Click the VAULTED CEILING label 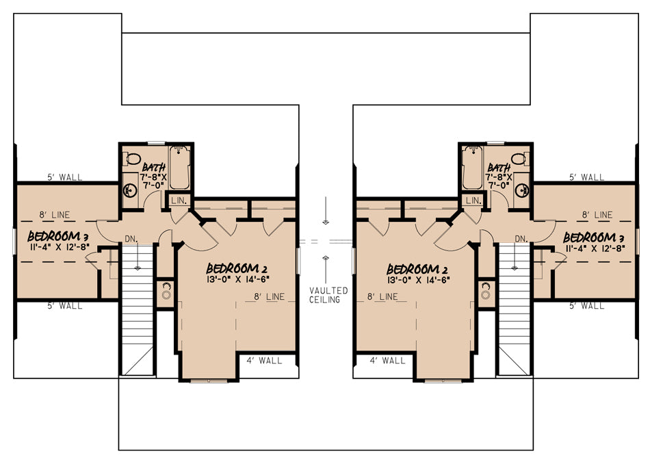coord(328,295)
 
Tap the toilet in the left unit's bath coord(133,158)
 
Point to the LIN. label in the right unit coord(473,201)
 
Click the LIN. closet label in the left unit coord(179,201)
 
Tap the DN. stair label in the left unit coord(131,239)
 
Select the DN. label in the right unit coord(521,239)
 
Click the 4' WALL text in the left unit coord(264,361)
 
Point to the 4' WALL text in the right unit coord(387,361)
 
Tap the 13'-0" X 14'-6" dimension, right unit coord(418,280)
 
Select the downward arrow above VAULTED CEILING coord(326,211)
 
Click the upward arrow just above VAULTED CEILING coord(326,270)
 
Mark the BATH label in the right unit coord(499,168)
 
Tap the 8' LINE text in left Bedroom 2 coord(269,297)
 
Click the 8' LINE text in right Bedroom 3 coord(597,215)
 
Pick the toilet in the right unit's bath coord(520,158)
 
